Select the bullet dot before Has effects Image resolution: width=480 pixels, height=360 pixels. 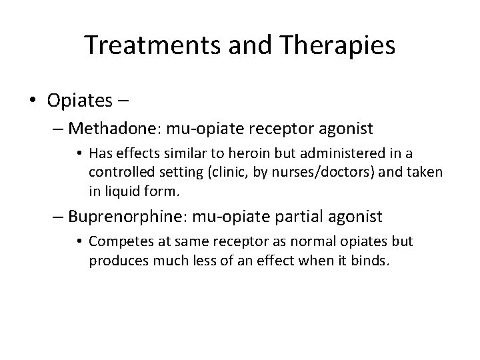(80, 154)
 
